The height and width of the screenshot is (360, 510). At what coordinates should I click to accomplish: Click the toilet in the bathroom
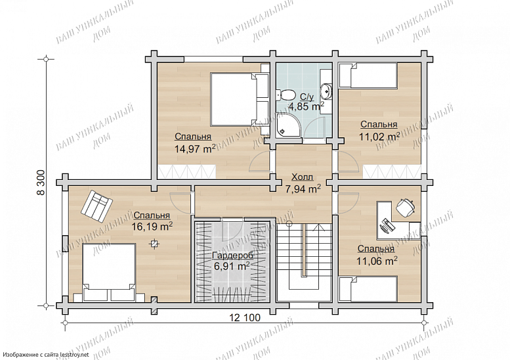point(285,95)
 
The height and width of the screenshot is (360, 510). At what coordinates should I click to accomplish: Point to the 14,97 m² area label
point(195,148)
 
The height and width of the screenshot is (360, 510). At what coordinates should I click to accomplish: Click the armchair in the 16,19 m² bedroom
point(97,207)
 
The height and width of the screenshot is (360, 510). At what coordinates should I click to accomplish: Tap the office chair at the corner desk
point(405,207)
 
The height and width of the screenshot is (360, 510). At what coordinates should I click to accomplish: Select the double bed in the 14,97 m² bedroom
point(239,99)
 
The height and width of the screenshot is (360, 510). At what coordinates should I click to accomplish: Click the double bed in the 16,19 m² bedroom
point(109,273)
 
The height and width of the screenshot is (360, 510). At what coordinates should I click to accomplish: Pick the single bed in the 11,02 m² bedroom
point(368,76)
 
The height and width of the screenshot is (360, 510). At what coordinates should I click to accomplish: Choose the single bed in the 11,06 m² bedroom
point(368,289)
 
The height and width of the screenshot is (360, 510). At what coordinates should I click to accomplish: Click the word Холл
point(302,177)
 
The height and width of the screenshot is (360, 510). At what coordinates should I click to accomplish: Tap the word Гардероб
point(232,255)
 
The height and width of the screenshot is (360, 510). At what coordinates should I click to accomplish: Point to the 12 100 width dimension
point(245,317)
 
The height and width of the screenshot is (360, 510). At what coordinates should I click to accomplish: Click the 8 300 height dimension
point(41,183)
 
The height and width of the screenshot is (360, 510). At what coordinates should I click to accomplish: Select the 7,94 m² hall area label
point(303,189)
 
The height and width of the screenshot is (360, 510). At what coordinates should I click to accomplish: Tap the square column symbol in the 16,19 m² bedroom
point(154,244)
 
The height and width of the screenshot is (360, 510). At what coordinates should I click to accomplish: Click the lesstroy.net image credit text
point(45,355)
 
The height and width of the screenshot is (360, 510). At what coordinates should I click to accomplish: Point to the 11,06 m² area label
point(377,261)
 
